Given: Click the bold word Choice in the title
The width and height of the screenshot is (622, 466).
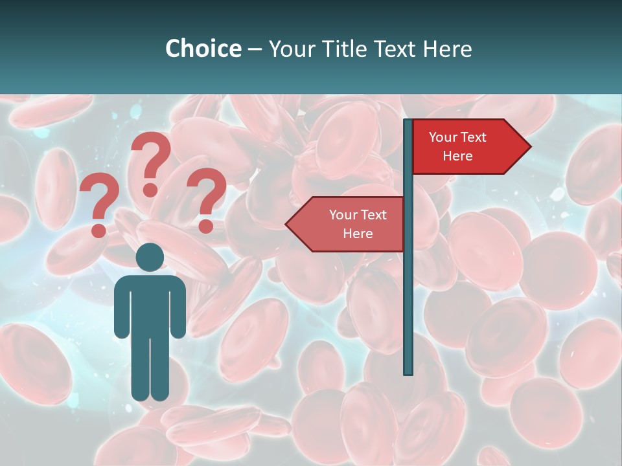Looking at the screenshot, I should (x=203, y=49).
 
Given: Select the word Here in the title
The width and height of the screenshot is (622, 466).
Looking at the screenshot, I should (x=447, y=49).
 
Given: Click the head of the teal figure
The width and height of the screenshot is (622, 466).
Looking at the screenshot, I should (x=150, y=257).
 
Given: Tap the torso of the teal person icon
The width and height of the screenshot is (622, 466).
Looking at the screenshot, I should (x=150, y=304).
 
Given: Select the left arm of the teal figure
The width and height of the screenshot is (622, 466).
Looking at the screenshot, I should (x=121, y=311).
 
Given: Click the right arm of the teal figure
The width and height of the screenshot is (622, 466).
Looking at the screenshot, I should (x=178, y=311).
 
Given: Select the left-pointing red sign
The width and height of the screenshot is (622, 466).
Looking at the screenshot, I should (x=350, y=224).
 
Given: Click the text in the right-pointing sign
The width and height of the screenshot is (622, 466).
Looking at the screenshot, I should (x=457, y=147).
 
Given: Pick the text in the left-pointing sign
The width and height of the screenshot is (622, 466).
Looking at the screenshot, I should (x=358, y=224).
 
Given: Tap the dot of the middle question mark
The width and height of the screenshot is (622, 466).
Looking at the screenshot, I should (x=150, y=190).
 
